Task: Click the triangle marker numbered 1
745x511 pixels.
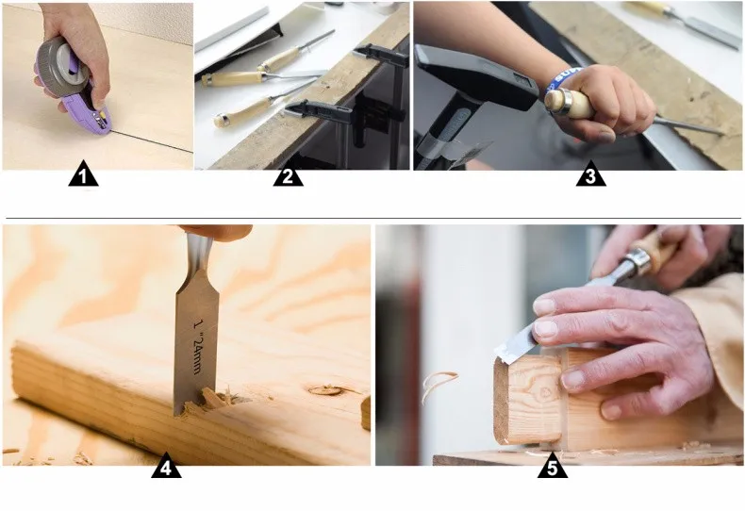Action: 83,174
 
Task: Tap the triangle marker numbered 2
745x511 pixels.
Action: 288,174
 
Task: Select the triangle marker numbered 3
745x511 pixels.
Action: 590,174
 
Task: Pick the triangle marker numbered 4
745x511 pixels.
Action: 166,467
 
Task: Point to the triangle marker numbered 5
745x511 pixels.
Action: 552,467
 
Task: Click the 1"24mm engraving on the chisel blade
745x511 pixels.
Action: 200,346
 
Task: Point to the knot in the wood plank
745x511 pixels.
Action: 327,390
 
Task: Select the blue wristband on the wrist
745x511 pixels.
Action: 562,77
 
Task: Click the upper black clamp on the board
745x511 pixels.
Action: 381,55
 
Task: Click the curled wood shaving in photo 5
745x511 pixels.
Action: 439,385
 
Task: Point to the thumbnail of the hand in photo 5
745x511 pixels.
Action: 545,328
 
